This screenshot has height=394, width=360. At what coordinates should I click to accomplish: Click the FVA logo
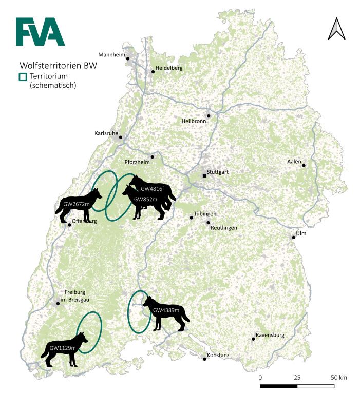(40, 32)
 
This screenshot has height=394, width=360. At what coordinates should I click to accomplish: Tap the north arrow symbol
(337, 29)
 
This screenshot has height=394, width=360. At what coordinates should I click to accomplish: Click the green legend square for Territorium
(23, 76)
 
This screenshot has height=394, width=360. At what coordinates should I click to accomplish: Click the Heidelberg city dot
(153, 71)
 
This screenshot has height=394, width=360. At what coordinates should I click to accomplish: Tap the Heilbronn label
(194, 121)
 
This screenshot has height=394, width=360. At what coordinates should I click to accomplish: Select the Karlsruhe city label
(106, 133)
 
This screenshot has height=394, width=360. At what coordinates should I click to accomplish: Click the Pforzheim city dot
(152, 157)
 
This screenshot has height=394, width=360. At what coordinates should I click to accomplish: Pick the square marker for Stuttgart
(204, 176)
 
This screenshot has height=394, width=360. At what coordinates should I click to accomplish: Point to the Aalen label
(294, 162)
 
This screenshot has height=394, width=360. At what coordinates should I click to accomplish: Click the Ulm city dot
(294, 237)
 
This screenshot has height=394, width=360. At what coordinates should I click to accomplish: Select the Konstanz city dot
(205, 359)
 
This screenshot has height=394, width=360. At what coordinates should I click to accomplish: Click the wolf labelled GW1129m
(65, 349)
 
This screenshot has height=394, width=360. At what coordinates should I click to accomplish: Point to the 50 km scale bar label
(338, 378)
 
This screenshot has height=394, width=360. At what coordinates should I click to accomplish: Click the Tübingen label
(205, 213)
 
